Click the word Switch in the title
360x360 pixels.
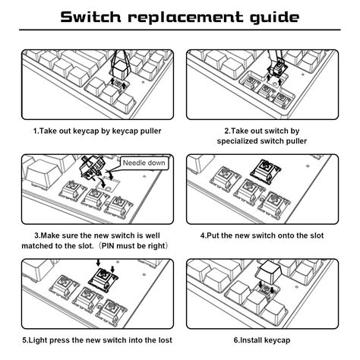click(x=98, y=16)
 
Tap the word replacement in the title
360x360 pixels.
click(x=190, y=16)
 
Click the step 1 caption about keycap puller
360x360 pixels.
click(x=96, y=131)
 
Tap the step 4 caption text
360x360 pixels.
click(x=263, y=235)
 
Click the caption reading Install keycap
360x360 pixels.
click(x=263, y=339)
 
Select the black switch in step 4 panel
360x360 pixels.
click(x=267, y=172)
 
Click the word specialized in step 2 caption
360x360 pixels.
click(x=229, y=141)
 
